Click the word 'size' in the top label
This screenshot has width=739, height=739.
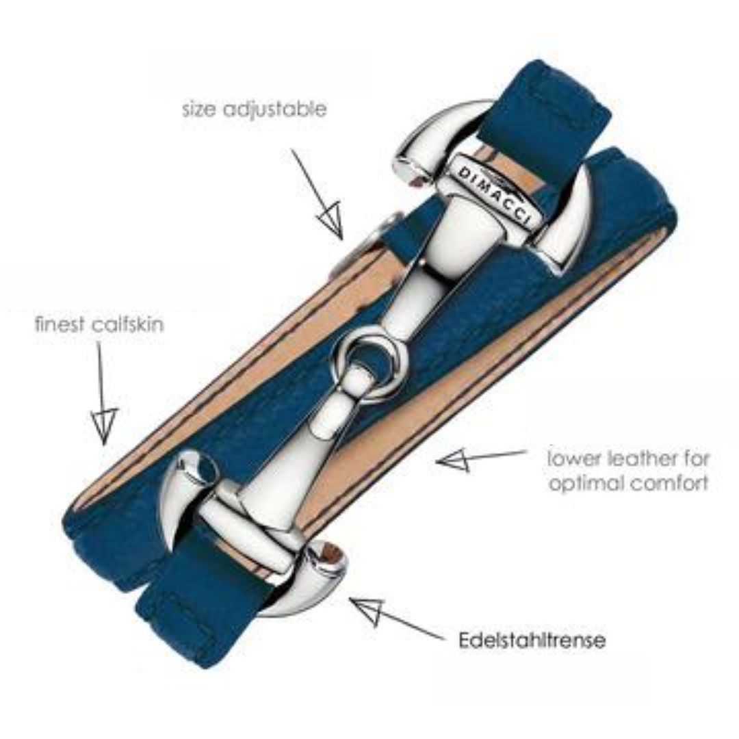click(199, 109)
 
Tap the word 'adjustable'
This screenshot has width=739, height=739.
click(274, 110)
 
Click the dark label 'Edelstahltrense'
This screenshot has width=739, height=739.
click(532, 640)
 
